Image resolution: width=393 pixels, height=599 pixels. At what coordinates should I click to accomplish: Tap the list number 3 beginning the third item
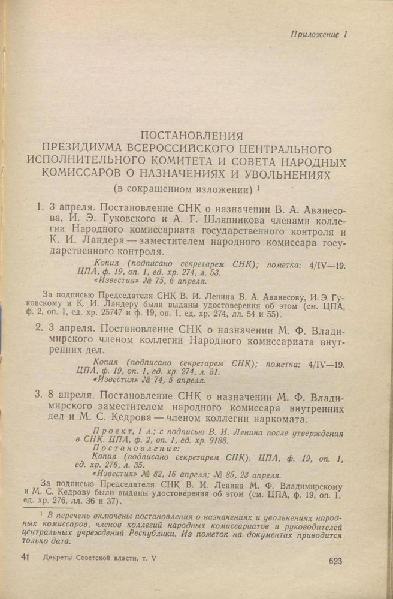pos(40,396)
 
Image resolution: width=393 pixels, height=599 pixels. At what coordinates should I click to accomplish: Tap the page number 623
pos(335,561)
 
